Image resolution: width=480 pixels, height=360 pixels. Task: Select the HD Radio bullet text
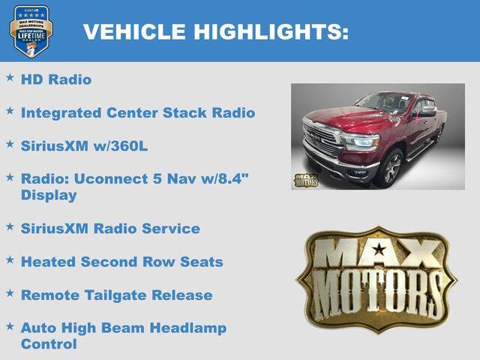[x=56, y=79]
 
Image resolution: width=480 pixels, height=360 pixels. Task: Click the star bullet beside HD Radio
[x=10, y=77]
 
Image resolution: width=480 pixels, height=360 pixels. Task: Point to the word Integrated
[x=61, y=113]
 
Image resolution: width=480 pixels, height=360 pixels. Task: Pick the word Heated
[x=46, y=262]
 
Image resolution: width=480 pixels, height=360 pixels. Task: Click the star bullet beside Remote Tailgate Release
[x=10, y=293]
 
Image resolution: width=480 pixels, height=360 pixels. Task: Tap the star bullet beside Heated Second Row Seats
[x=10, y=259]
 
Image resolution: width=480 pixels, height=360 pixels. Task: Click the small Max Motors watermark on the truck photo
[x=305, y=179]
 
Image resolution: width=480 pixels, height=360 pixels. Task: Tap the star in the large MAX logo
[x=379, y=250]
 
